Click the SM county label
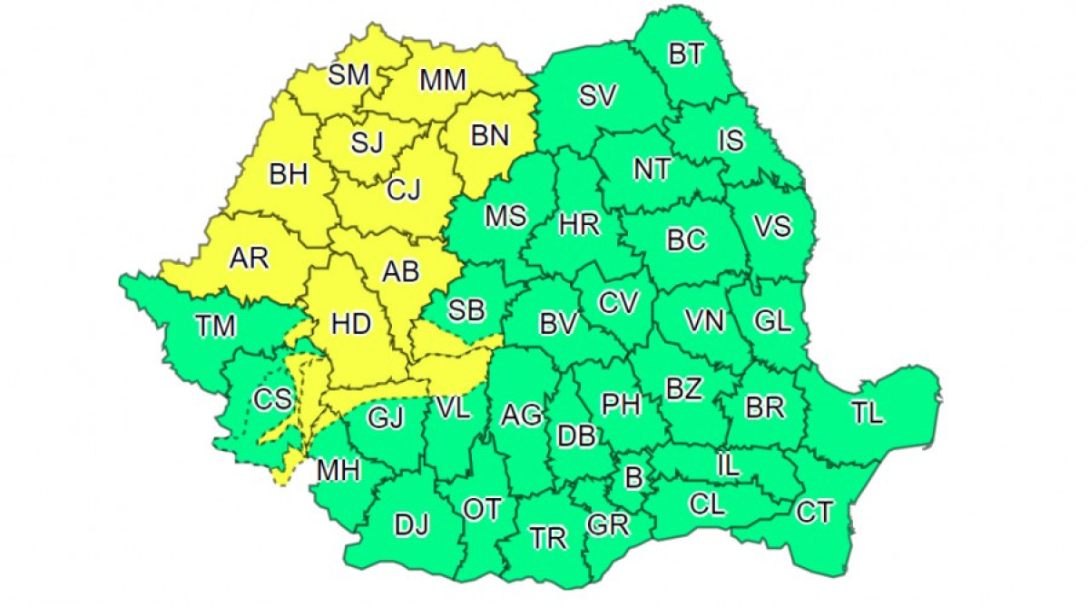[348, 75]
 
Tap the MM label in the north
[443, 80]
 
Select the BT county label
[686, 54]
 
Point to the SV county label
[598, 95]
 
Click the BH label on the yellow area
[289, 174]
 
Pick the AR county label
[249, 259]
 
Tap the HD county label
[349, 323]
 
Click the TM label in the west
[216, 324]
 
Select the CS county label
[273, 398]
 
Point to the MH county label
[338, 470]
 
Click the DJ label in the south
[411, 524]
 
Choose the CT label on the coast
[814, 513]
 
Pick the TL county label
[867, 414]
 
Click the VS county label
[773, 227]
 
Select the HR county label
[579, 224]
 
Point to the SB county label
[466, 310]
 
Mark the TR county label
[548, 538]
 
